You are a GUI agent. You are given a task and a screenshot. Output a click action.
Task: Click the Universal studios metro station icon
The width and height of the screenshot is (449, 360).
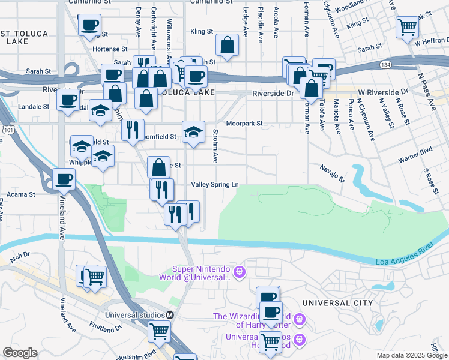point(170,315)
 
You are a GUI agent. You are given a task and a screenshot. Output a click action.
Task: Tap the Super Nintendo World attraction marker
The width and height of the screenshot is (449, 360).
point(240,273)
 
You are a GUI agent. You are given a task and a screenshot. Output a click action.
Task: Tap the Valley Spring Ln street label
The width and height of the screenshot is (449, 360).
point(214,184)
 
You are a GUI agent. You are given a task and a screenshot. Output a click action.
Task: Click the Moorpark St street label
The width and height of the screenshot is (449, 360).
point(244,124)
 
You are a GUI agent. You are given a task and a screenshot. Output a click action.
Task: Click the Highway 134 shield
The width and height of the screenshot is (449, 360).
point(385,64)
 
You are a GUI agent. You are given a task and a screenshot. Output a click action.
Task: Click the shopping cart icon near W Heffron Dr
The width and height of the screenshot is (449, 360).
point(408,27)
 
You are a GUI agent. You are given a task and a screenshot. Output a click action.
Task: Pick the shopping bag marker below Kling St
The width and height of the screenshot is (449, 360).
point(228,44)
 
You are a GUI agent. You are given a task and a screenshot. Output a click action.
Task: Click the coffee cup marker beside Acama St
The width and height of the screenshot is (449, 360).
point(64,178)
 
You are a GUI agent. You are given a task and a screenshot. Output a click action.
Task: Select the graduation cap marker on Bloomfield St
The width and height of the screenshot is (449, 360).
point(193,133)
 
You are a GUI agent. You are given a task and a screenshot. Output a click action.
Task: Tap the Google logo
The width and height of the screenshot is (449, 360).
point(20,353)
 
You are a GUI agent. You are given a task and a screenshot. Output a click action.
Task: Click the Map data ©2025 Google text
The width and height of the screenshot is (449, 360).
point(411,355)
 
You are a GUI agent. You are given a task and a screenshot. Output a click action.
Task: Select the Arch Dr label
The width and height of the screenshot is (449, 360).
point(20,256)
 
